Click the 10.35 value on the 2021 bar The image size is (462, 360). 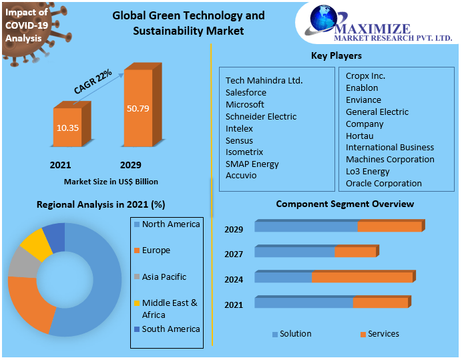click(x=67, y=127)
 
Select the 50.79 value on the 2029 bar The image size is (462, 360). click(x=138, y=108)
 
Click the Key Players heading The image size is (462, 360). click(x=336, y=55)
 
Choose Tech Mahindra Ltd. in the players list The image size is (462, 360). click(x=264, y=80)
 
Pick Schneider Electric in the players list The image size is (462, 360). click(x=260, y=116)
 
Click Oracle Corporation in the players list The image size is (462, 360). click(x=383, y=183)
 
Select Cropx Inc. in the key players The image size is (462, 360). click(x=365, y=75)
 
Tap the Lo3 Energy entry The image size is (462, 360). click(x=367, y=171)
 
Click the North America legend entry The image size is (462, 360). click(x=170, y=224)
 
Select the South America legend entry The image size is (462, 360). click(x=170, y=329)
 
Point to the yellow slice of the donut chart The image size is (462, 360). click(x=36, y=244)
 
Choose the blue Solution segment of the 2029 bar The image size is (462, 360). click(x=305, y=227)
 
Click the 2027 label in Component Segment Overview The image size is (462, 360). click(x=234, y=254)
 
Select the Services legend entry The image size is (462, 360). click(x=383, y=333)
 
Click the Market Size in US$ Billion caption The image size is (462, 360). click(x=111, y=181)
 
